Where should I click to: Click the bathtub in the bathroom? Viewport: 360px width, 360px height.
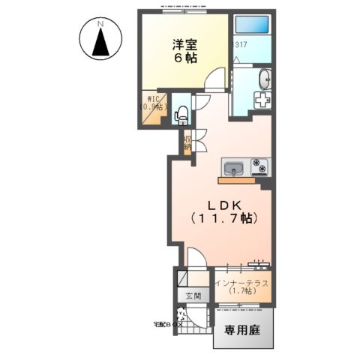click(251, 25)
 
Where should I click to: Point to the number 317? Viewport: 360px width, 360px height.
click(241, 46)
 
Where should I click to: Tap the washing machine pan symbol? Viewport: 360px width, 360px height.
click(262, 100)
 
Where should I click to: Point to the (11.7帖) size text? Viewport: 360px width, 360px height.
click(223, 218)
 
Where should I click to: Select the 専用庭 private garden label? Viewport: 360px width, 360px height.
click(245, 329)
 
